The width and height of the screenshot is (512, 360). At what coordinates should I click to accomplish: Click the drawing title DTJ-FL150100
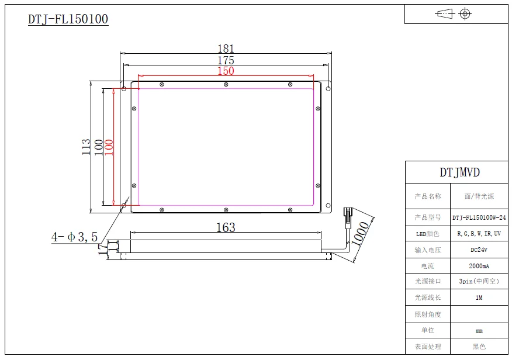[x=68, y=19]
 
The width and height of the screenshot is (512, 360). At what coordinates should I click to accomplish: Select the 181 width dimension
[x=226, y=49]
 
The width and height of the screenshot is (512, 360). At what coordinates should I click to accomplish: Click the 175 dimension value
[x=226, y=60]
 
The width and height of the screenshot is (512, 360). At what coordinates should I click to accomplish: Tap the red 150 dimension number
[x=226, y=71]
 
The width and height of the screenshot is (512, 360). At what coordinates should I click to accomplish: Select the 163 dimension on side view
[x=226, y=227]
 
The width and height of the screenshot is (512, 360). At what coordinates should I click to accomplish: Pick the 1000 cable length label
[x=359, y=234]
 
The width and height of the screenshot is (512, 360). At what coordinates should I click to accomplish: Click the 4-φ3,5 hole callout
[x=75, y=237]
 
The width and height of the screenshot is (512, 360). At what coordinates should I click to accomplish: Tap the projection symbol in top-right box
[x=454, y=13]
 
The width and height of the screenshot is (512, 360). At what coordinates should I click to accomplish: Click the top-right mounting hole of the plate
[x=328, y=89]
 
